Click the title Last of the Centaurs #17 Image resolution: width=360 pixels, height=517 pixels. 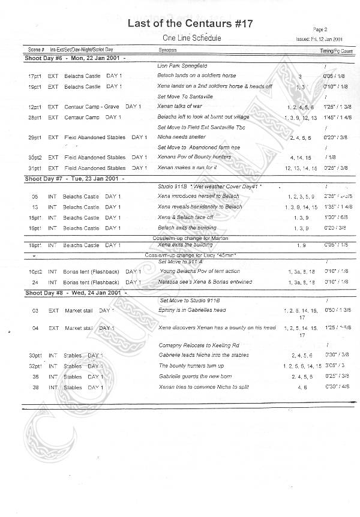(190, 23)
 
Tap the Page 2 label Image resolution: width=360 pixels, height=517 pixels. (320, 29)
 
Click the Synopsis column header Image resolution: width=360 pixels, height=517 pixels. (167, 49)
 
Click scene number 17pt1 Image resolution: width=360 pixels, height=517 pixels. (34, 77)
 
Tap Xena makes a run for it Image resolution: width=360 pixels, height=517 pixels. (187, 167)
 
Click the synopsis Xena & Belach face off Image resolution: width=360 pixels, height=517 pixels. (185, 217)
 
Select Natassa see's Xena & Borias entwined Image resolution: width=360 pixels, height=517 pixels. (204, 282)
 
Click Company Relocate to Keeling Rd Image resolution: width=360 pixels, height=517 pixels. (196, 345)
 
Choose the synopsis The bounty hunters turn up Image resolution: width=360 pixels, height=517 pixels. (191, 366)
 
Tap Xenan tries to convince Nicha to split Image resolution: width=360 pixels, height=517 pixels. (204, 387)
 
